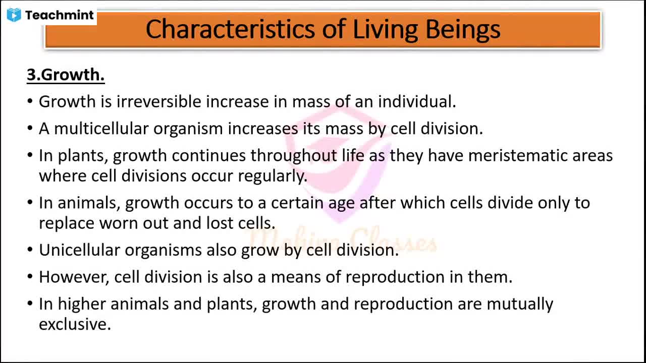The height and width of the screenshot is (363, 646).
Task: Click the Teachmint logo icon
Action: point(14,15)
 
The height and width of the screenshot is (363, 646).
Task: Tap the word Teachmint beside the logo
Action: point(60,15)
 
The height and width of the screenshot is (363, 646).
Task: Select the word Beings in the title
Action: point(463,30)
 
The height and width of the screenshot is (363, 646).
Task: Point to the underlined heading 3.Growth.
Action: point(66,75)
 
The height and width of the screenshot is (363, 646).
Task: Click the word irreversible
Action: point(158,101)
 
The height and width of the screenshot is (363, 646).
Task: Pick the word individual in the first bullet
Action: point(417,101)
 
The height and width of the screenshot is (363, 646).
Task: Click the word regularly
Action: point(273,176)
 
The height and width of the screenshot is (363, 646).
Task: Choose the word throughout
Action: point(294,156)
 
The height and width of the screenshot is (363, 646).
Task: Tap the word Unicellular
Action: point(79,250)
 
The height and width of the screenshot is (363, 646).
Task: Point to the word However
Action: point(74,277)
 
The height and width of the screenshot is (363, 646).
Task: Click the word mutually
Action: point(520,304)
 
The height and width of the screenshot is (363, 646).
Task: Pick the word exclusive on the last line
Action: point(75,324)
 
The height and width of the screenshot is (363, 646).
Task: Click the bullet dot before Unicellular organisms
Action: point(30,250)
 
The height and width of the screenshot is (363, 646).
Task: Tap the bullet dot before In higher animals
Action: point(30,304)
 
